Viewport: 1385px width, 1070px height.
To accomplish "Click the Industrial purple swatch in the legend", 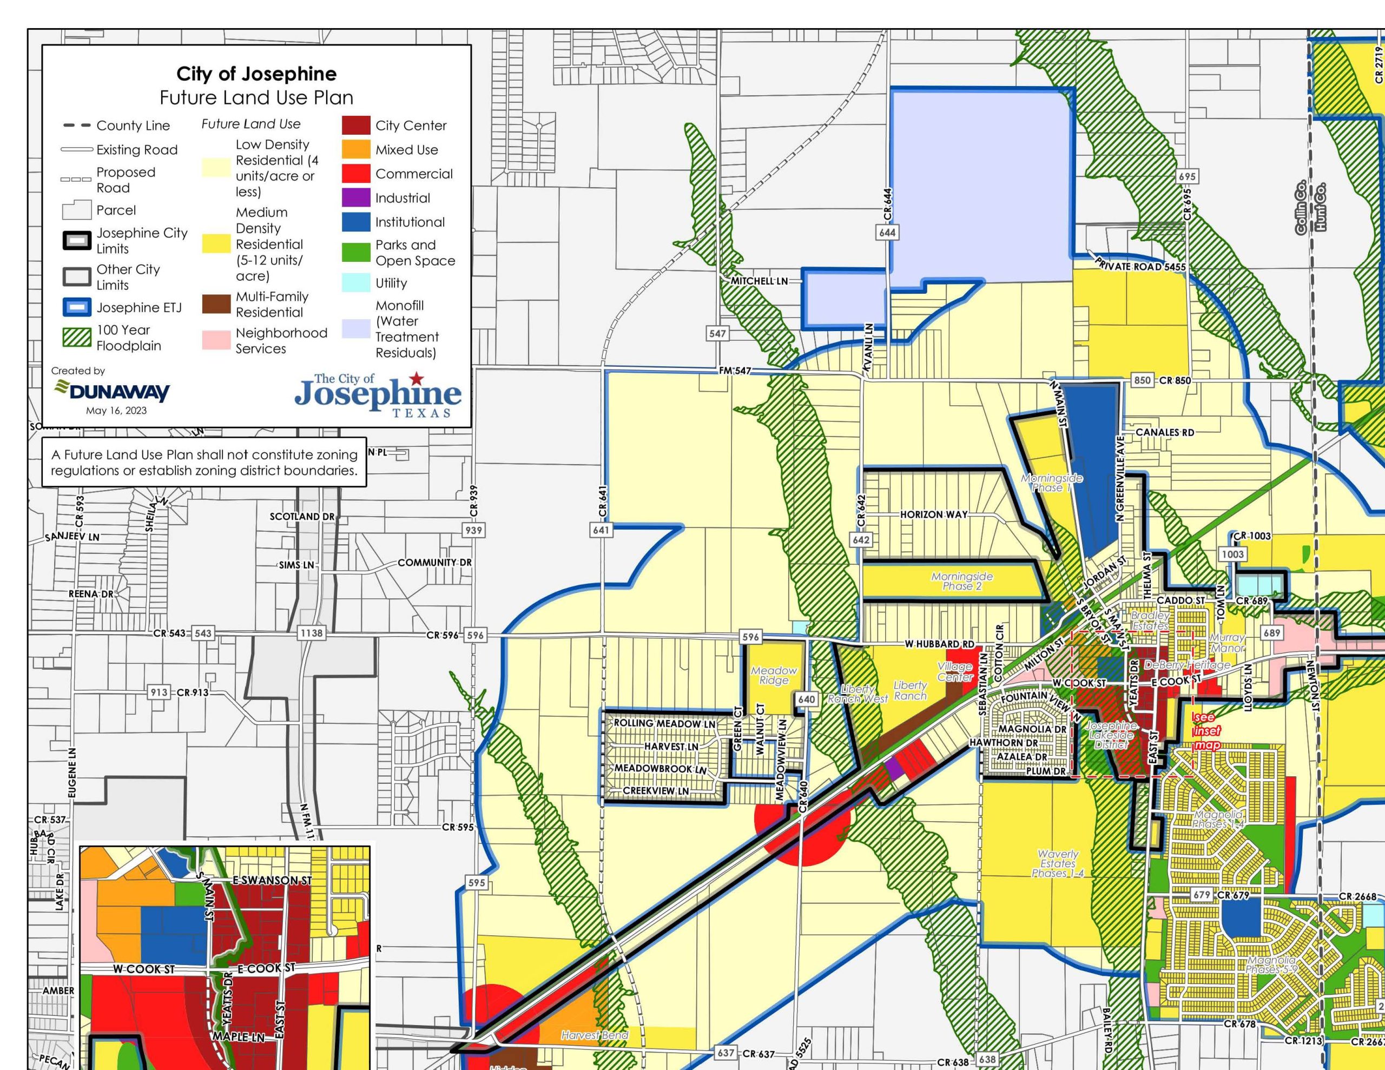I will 356,198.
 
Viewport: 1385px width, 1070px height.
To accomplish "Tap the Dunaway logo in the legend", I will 111,390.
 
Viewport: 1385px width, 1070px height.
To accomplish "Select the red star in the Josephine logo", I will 416,379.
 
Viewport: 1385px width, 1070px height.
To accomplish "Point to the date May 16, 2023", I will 116,411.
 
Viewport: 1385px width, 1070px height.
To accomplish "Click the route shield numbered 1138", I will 312,633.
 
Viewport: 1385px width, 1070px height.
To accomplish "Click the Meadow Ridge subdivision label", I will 774,675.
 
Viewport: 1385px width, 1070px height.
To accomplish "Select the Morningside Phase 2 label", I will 961,581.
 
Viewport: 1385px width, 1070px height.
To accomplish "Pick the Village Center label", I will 954,672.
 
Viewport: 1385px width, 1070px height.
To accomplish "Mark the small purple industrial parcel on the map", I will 894,768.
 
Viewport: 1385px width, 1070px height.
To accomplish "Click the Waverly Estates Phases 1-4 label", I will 1057,863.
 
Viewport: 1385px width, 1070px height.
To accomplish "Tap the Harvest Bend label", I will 594,1035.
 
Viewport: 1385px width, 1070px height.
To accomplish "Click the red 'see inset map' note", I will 1205,731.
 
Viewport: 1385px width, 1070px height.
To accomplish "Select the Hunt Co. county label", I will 1324,207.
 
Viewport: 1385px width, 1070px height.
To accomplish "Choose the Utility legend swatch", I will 356,283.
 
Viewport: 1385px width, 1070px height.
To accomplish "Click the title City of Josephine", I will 256,74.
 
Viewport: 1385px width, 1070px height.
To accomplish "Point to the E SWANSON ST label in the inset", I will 272,880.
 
